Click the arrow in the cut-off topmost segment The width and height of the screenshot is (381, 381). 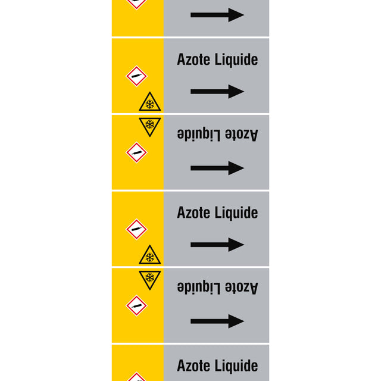(x=217, y=15)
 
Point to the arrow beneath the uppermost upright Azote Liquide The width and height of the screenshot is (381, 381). (x=217, y=92)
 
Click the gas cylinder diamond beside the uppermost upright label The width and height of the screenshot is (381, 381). (x=136, y=76)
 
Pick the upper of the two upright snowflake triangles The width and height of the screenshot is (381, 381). (x=150, y=103)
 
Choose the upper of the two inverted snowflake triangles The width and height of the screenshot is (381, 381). (x=150, y=125)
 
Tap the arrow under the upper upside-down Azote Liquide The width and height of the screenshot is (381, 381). (x=217, y=168)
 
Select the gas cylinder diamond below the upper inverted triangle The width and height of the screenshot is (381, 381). (x=136, y=152)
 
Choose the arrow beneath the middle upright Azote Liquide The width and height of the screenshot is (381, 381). (x=217, y=245)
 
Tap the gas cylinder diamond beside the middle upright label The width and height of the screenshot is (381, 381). (x=136, y=229)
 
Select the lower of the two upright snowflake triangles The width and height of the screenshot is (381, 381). (x=150, y=256)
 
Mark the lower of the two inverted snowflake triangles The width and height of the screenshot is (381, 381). (x=150, y=278)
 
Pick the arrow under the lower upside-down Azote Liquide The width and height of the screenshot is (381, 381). (x=217, y=321)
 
